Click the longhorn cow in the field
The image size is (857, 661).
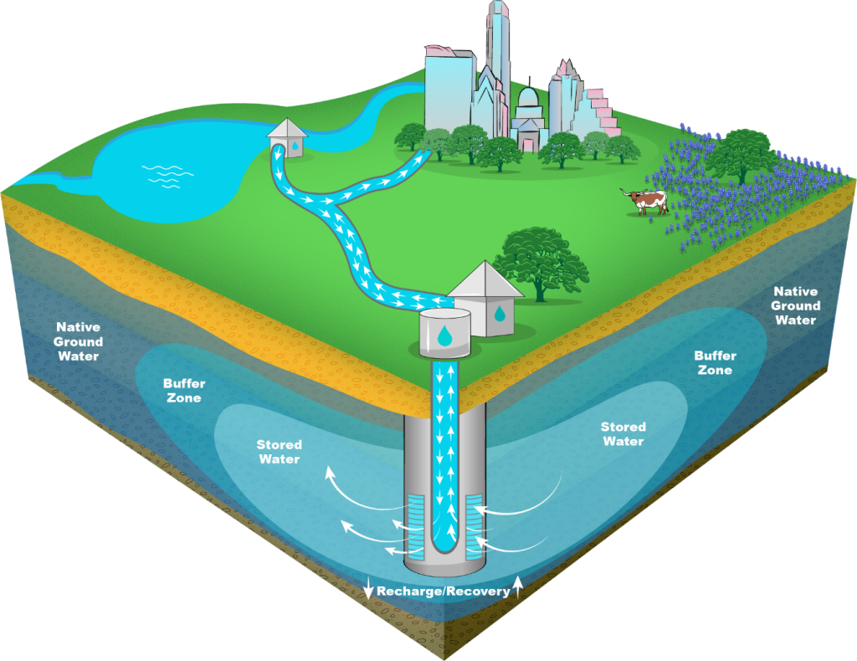click(x=647, y=201)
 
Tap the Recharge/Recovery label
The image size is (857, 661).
click(x=443, y=591)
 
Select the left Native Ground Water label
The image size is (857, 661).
click(x=80, y=341)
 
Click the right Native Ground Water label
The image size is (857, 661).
click(x=795, y=305)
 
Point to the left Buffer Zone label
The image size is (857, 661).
click(x=184, y=391)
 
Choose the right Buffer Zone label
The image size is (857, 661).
click(x=714, y=362)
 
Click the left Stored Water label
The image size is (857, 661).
click(x=279, y=452)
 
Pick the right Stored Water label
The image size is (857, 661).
click(x=623, y=433)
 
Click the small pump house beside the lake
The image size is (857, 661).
click(x=288, y=138)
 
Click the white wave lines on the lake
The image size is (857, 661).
click(x=167, y=176)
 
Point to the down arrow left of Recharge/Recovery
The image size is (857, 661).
click(x=369, y=588)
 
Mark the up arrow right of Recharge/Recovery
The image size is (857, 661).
click(x=518, y=587)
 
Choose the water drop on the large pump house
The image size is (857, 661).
click(x=499, y=314)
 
